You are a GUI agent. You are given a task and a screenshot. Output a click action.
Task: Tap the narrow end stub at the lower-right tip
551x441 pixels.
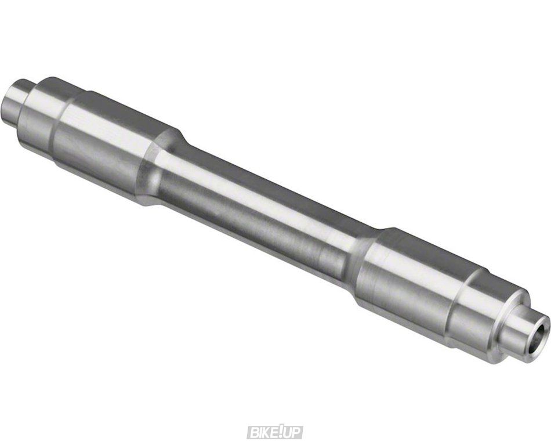click(524, 332)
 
